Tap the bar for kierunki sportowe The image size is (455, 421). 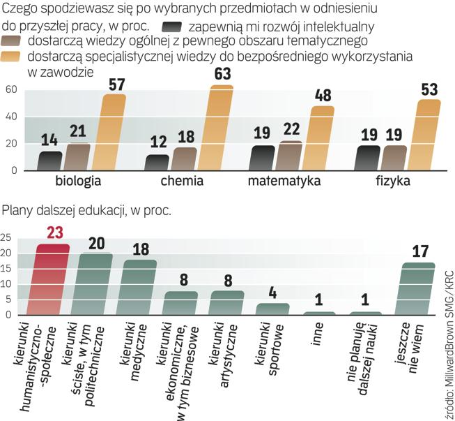272,309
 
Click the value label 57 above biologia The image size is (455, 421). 113,83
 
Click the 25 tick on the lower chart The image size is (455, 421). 6,238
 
